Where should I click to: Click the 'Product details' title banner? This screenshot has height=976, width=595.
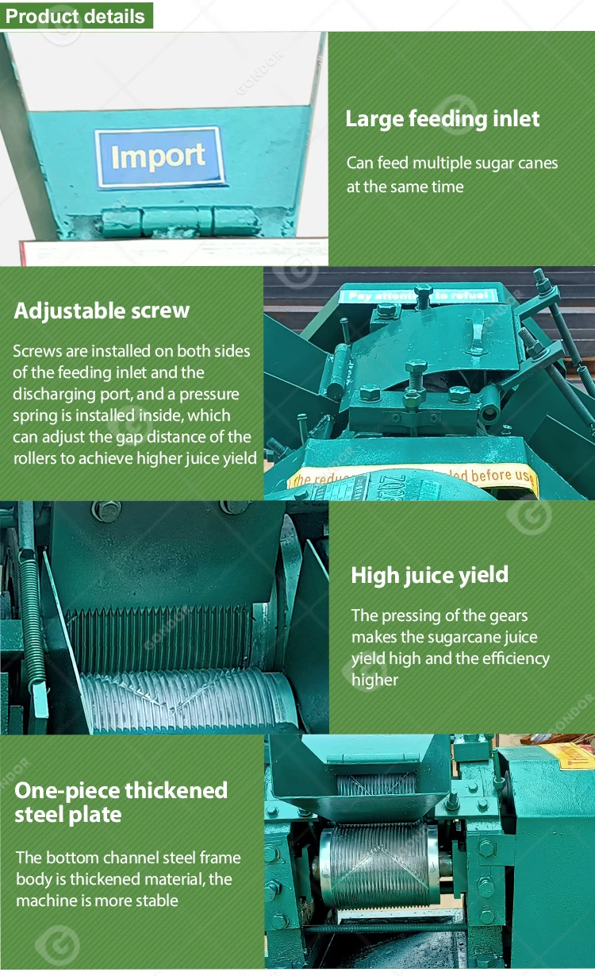(76, 16)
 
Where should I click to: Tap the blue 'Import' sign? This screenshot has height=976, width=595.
(159, 157)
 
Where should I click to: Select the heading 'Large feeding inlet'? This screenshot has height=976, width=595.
(442, 119)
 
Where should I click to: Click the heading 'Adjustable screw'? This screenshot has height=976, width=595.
(102, 311)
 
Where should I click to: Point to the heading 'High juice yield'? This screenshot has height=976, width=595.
(429, 575)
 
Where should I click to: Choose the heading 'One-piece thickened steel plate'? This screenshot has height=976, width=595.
(121, 802)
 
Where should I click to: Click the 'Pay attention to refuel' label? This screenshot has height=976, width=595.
(418, 295)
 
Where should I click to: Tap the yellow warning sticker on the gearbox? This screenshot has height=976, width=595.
(413, 477)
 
